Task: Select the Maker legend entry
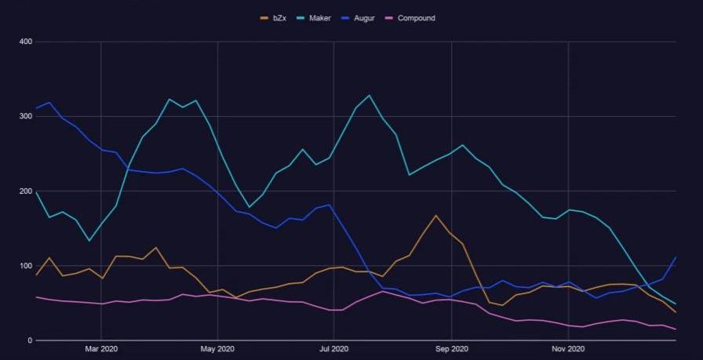coord(320,18)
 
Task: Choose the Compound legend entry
coord(416,18)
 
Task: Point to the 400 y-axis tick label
coord(25,42)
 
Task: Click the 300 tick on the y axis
coord(25,116)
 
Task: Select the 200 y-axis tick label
coord(25,191)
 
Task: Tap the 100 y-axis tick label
coord(25,266)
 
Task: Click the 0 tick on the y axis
coord(29,340)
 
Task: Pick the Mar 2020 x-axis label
coord(101,348)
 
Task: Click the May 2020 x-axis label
coord(217,348)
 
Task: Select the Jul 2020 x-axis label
coord(334,348)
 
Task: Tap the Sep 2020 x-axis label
coord(451,348)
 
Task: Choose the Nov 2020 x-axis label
coord(568,348)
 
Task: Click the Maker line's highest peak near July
coord(369,96)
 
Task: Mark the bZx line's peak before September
coord(435,215)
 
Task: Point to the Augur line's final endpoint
coord(676,257)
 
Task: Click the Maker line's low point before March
coord(89,241)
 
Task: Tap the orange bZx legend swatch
coord(264,18)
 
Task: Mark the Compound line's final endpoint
coord(676,329)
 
